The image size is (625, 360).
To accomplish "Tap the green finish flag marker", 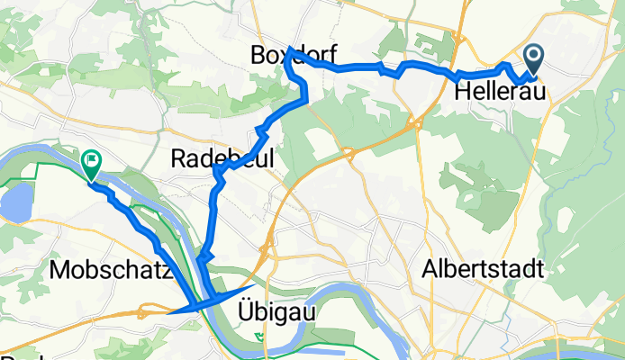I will coord(91,163).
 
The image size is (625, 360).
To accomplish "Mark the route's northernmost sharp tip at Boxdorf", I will coord(288,49).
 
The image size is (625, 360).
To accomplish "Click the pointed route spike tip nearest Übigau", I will coord(253,285).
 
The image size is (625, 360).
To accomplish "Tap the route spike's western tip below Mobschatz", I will coord(169,313).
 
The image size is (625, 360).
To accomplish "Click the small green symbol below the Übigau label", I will coord(260,337).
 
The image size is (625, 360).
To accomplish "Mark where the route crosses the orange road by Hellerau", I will coord(457,75).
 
